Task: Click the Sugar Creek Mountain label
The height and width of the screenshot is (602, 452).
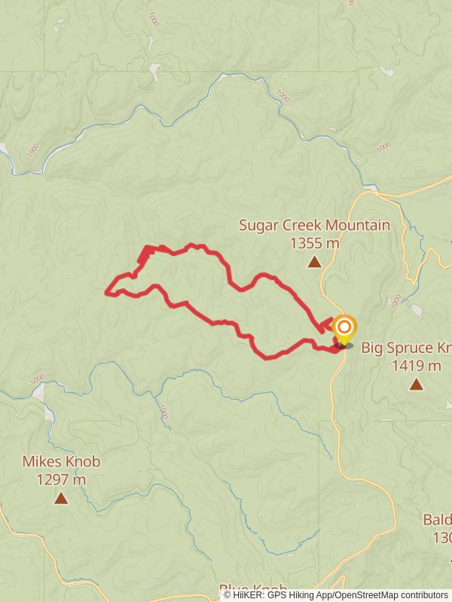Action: click(x=314, y=225)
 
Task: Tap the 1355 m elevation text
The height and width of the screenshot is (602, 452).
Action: click(x=314, y=243)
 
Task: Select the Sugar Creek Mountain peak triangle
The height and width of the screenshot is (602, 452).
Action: click(x=314, y=262)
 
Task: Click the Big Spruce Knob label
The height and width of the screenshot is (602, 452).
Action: click(x=406, y=348)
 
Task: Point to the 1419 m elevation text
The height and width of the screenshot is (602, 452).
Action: click(x=416, y=366)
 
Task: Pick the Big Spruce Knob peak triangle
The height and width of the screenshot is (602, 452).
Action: click(x=416, y=385)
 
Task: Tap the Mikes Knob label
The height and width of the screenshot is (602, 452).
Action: click(x=61, y=461)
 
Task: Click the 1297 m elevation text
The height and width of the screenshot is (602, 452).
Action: click(x=61, y=479)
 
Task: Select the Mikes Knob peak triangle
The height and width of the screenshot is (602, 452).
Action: click(x=61, y=498)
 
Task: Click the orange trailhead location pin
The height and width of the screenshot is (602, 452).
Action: click(x=344, y=328)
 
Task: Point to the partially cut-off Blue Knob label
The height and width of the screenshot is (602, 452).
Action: click(x=253, y=588)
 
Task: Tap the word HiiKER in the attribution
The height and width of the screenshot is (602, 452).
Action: click(x=247, y=595)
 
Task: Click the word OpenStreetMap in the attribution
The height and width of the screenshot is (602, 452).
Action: click(x=367, y=595)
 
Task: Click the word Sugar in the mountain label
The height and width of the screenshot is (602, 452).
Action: click(x=258, y=225)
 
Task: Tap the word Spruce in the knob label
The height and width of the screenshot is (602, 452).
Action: click(x=418, y=348)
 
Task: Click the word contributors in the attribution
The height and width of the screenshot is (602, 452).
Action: click(x=424, y=595)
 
